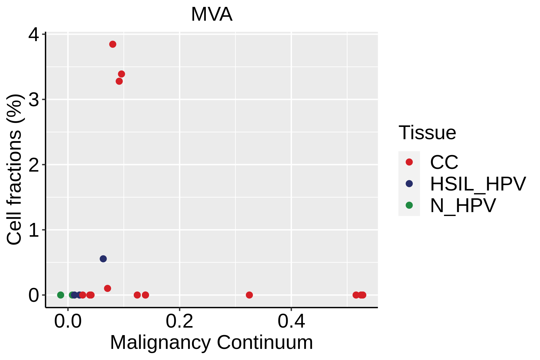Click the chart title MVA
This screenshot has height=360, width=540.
click(x=211, y=14)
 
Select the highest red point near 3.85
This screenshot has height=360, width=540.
click(x=113, y=44)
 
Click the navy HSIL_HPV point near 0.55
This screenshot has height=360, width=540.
click(x=103, y=259)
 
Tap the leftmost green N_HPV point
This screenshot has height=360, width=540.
click(x=61, y=295)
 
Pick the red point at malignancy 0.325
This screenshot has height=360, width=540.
click(x=249, y=295)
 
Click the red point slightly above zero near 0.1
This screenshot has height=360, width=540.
click(x=107, y=288)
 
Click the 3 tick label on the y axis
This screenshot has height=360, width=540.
click(x=34, y=100)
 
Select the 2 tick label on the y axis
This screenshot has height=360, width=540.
click(x=34, y=165)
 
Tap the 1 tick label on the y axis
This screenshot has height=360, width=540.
click(x=34, y=230)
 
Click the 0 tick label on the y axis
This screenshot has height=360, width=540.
click(x=34, y=295)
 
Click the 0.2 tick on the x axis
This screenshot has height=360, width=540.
click(x=179, y=321)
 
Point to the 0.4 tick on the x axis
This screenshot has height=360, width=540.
click(x=291, y=321)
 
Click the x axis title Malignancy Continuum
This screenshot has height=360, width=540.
click(x=211, y=342)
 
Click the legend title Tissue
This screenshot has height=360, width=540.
click(x=427, y=133)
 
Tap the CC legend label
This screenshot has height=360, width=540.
click(x=444, y=162)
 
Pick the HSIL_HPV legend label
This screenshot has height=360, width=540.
click(x=478, y=184)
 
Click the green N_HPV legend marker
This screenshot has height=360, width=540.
click(x=409, y=205)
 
